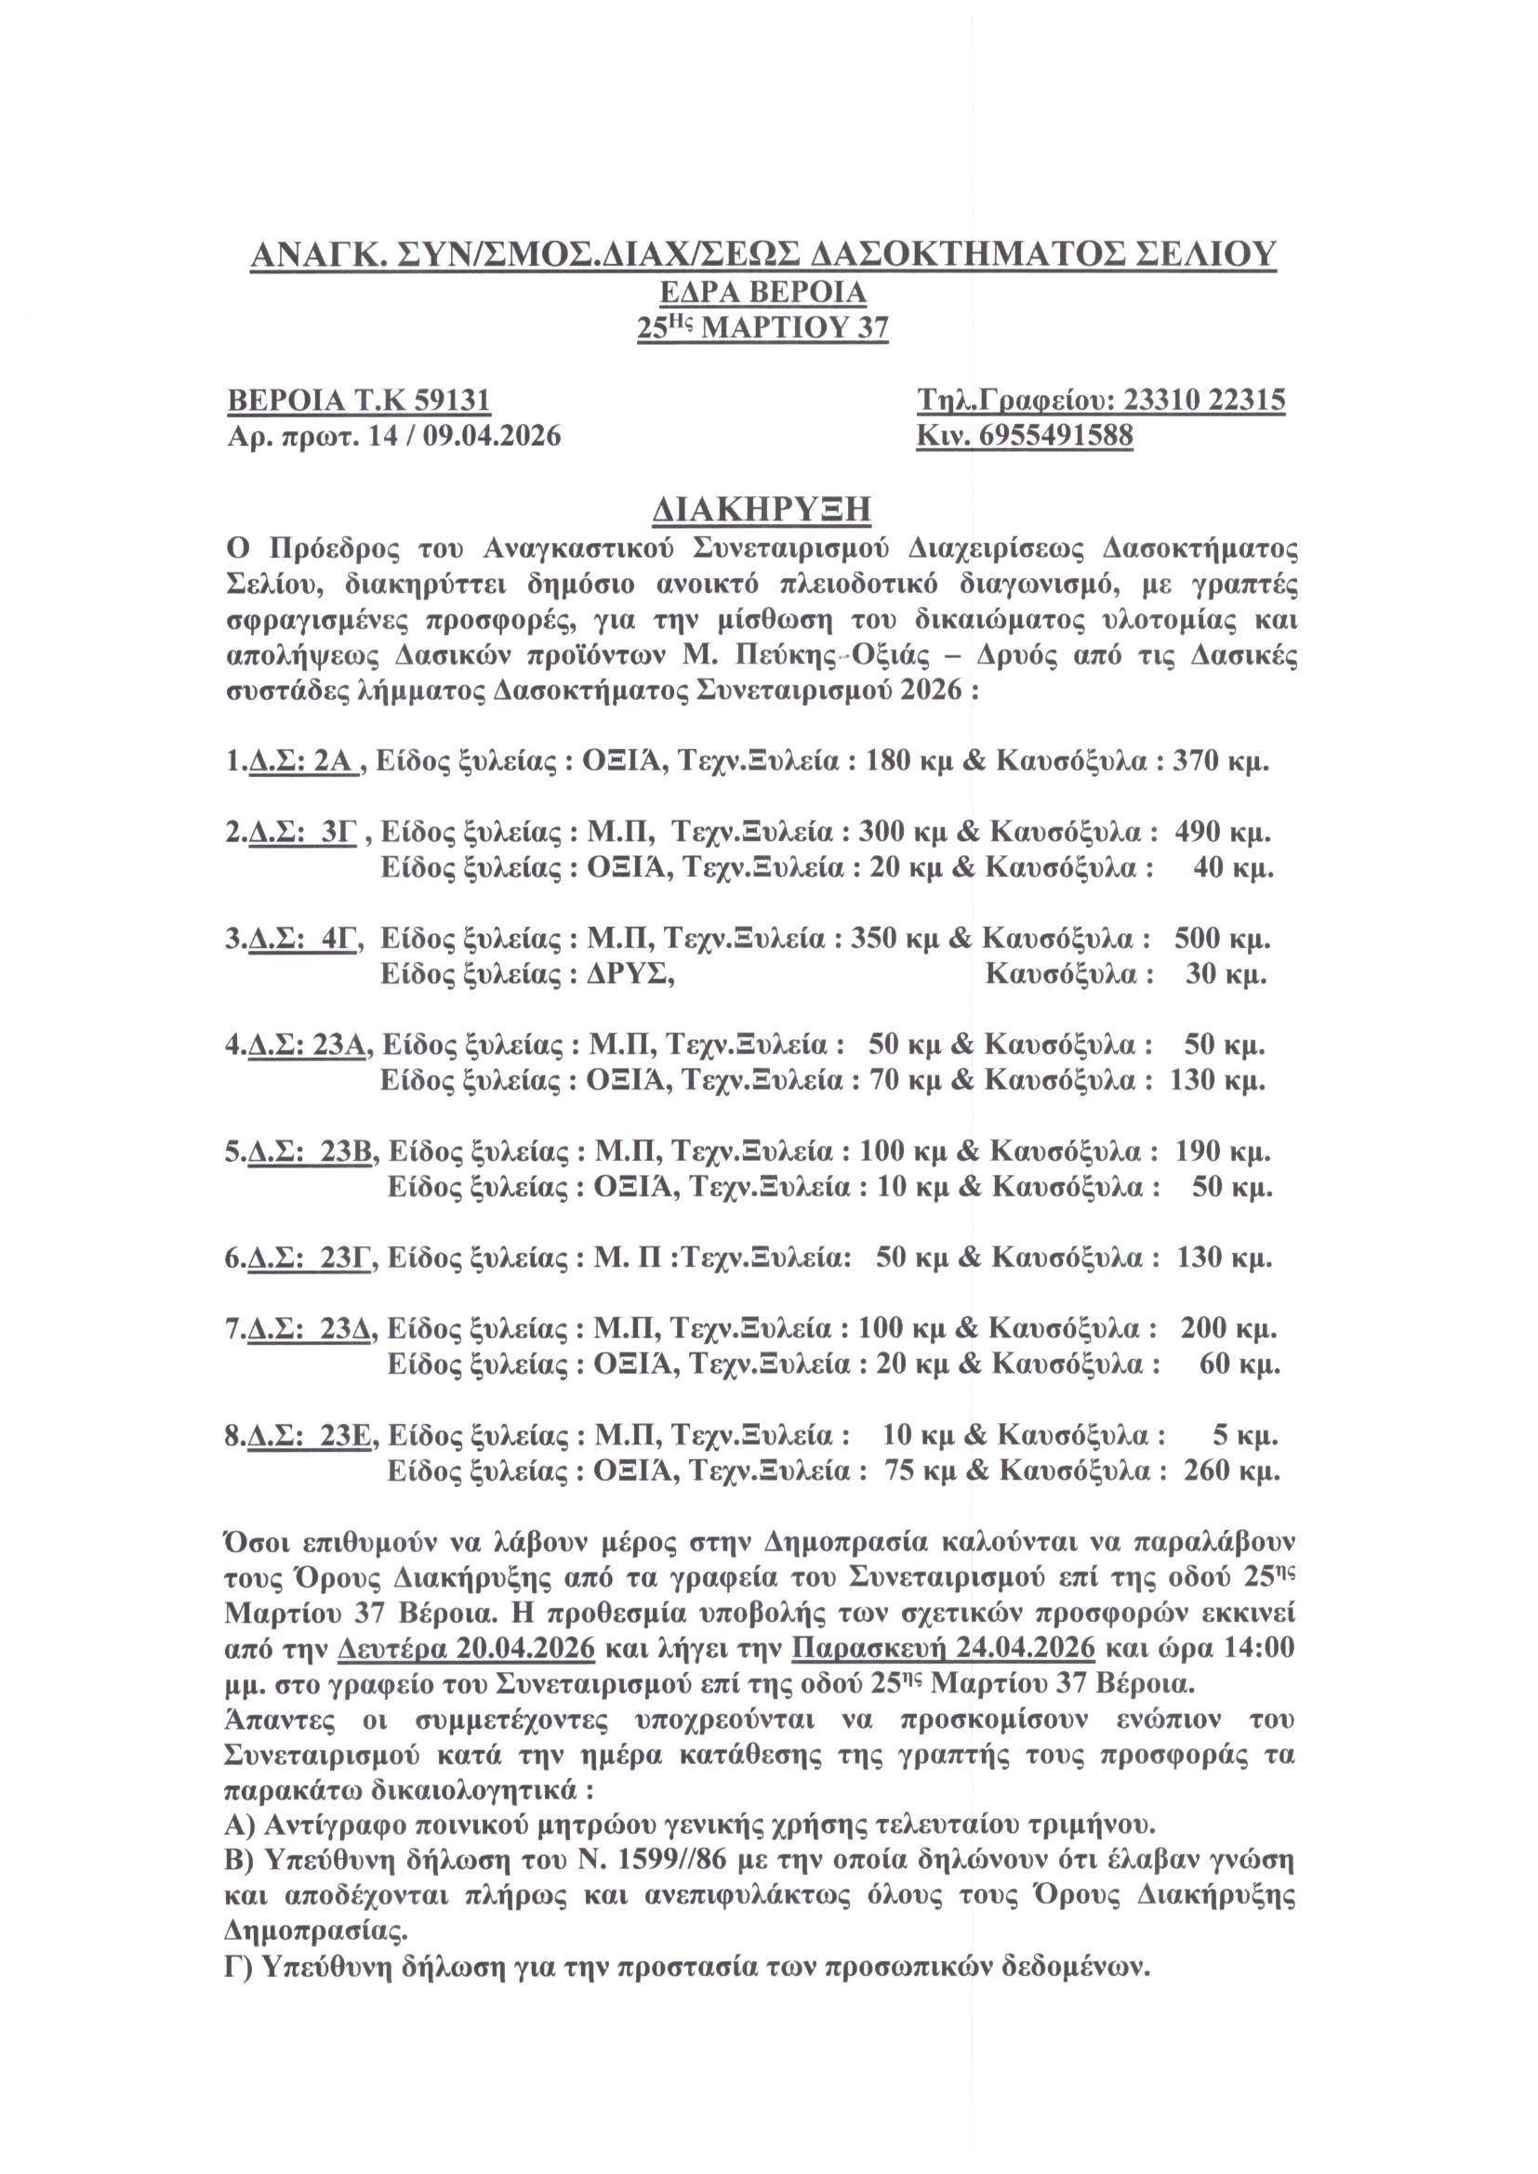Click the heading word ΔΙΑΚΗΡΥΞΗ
pos(762,509)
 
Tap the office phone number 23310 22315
pos(1203,401)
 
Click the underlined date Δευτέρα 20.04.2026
pos(466,1649)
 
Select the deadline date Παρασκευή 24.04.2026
pos(943,1649)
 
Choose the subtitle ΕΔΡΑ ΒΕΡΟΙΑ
pos(763,293)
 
